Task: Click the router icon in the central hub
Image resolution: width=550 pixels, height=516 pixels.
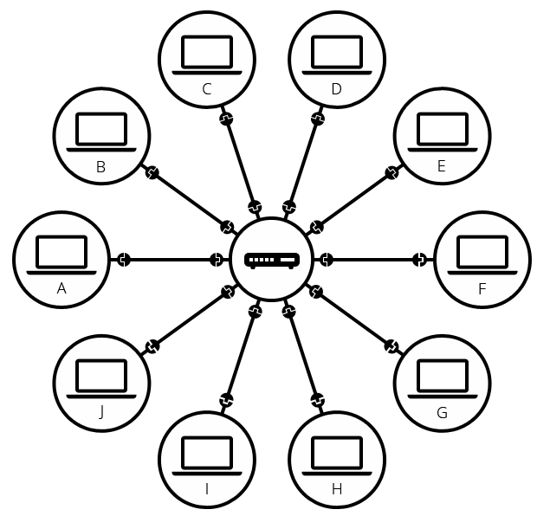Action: tap(272, 260)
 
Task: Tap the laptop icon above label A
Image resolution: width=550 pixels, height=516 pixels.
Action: tap(61, 254)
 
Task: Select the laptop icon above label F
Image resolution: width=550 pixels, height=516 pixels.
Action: tap(482, 254)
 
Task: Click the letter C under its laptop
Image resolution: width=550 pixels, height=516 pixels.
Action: tap(207, 88)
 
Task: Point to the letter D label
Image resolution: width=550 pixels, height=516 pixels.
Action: tap(337, 88)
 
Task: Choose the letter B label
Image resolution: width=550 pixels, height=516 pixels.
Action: tap(101, 167)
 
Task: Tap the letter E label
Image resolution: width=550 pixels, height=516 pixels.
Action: tap(442, 167)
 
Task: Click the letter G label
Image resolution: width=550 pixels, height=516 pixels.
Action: tap(442, 413)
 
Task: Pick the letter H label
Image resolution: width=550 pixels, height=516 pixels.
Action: tap(337, 490)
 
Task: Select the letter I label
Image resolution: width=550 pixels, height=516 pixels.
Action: tap(207, 490)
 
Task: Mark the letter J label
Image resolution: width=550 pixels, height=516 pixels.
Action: tap(101, 413)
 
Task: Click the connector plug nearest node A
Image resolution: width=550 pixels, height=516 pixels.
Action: tap(124, 260)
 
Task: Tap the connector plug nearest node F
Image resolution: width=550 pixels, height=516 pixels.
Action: tap(420, 260)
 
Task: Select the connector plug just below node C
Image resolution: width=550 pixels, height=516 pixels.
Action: tap(226, 119)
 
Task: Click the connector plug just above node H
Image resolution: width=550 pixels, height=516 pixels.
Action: tap(318, 401)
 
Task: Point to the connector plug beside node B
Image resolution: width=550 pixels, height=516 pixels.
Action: tap(152, 173)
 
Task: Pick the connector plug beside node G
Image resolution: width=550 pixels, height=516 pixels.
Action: tap(391, 346)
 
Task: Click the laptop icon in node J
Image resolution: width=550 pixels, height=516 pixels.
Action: tap(101, 377)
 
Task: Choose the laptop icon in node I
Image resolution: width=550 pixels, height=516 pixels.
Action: tap(207, 455)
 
